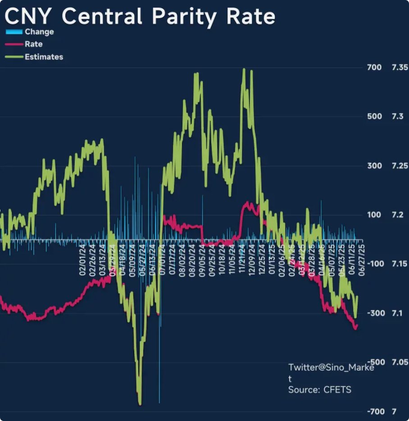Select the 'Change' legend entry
[39, 32]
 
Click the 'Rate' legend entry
[34, 44]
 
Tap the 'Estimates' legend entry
[44, 57]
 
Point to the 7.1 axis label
[397, 313]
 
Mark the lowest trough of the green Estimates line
[140, 403]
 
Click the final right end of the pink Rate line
[357, 326]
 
